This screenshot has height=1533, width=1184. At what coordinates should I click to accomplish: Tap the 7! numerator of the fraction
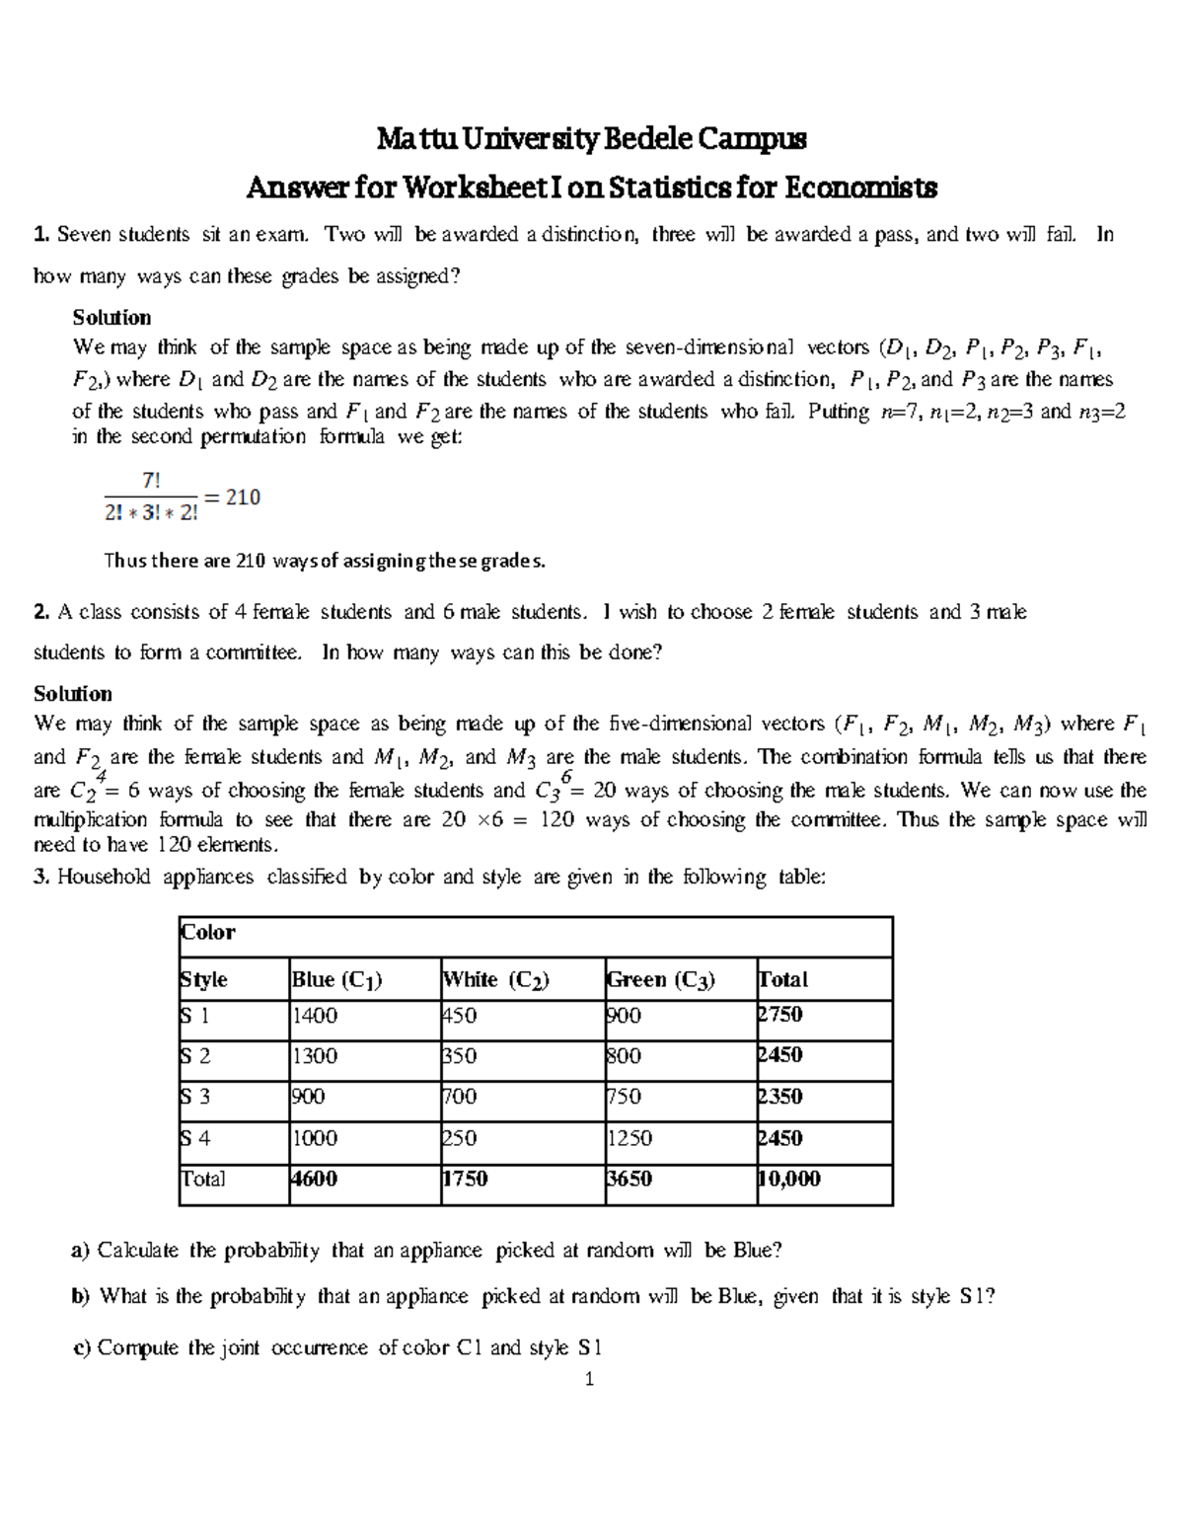[x=151, y=481]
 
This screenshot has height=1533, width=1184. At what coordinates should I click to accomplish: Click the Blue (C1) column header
[x=336, y=979]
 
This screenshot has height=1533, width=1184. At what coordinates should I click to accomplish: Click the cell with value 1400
[x=315, y=1016]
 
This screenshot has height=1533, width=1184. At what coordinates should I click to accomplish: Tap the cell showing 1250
[x=629, y=1138]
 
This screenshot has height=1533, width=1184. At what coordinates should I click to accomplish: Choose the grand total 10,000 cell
[x=788, y=1179]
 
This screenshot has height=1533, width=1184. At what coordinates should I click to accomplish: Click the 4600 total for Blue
[x=315, y=1179]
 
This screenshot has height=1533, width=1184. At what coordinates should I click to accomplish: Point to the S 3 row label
[x=194, y=1097]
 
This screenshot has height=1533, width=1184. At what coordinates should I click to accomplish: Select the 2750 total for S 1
[x=779, y=1015]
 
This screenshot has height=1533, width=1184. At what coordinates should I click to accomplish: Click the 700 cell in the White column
[x=459, y=1097]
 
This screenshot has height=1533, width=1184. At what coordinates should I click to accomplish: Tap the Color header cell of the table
[x=208, y=933]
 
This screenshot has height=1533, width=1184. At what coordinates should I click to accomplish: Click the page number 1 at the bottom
[x=589, y=1380]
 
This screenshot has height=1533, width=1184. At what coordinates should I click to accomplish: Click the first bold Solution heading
[x=111, y=318]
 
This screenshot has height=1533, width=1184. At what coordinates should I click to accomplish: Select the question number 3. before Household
[x=41, y=877]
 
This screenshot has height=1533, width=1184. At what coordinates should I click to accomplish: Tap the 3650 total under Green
[x=629, y=1179]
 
